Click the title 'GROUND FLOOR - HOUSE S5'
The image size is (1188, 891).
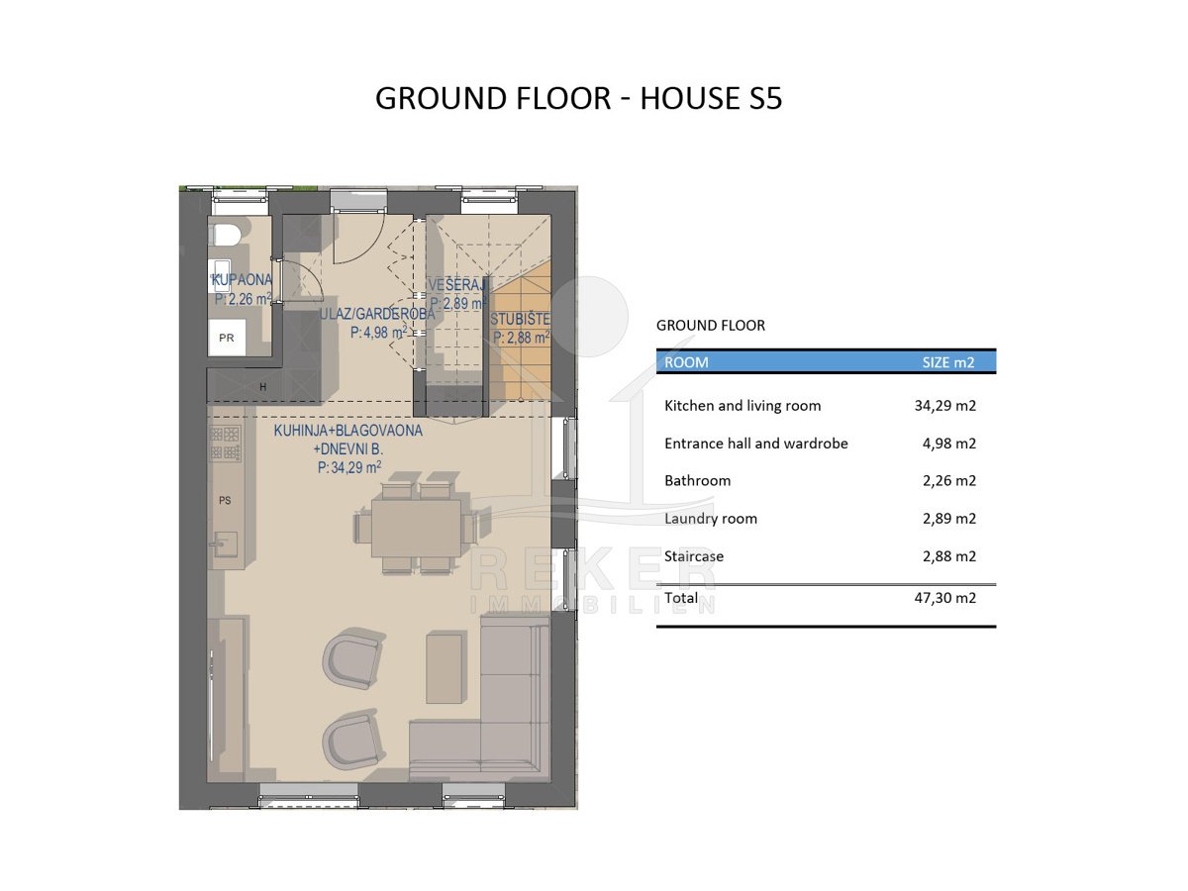(578, 98)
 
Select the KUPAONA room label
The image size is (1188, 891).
(242, 280)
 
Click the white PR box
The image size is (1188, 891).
(227, 338)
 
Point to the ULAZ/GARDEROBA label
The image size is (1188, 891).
(377, 314)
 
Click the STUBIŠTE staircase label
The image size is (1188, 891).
(520, 319)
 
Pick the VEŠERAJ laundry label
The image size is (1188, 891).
(456, 284)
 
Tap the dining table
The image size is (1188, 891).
(416, 528)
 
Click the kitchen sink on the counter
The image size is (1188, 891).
(226, 544)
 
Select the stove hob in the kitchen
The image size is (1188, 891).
(225, 444)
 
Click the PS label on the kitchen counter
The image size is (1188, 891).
(225, 500)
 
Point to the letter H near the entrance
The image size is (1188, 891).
(263, 387)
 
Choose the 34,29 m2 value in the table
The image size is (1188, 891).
(945, 406)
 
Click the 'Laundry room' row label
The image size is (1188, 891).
(711, 519)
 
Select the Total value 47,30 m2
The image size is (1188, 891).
(945, 598)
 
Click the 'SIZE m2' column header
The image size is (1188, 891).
(948, 362)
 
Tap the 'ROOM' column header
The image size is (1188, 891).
(686, 362)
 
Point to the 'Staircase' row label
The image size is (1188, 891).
(694, 556)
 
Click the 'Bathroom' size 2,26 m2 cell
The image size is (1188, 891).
(949, 481)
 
